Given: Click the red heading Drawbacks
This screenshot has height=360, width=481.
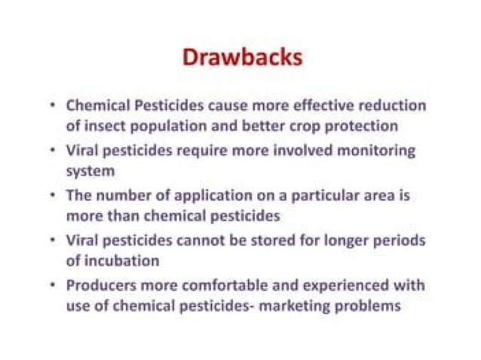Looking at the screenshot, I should [x=240, y=58].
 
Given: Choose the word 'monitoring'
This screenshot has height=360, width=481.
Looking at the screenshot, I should [x=375, y=150].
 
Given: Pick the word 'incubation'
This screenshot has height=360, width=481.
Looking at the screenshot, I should [x=121, y=261].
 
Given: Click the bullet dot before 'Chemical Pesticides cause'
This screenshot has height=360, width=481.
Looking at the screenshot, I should [x=51, y=105].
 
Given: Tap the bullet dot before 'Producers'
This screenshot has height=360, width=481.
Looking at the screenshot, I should [x=51, y=285].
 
